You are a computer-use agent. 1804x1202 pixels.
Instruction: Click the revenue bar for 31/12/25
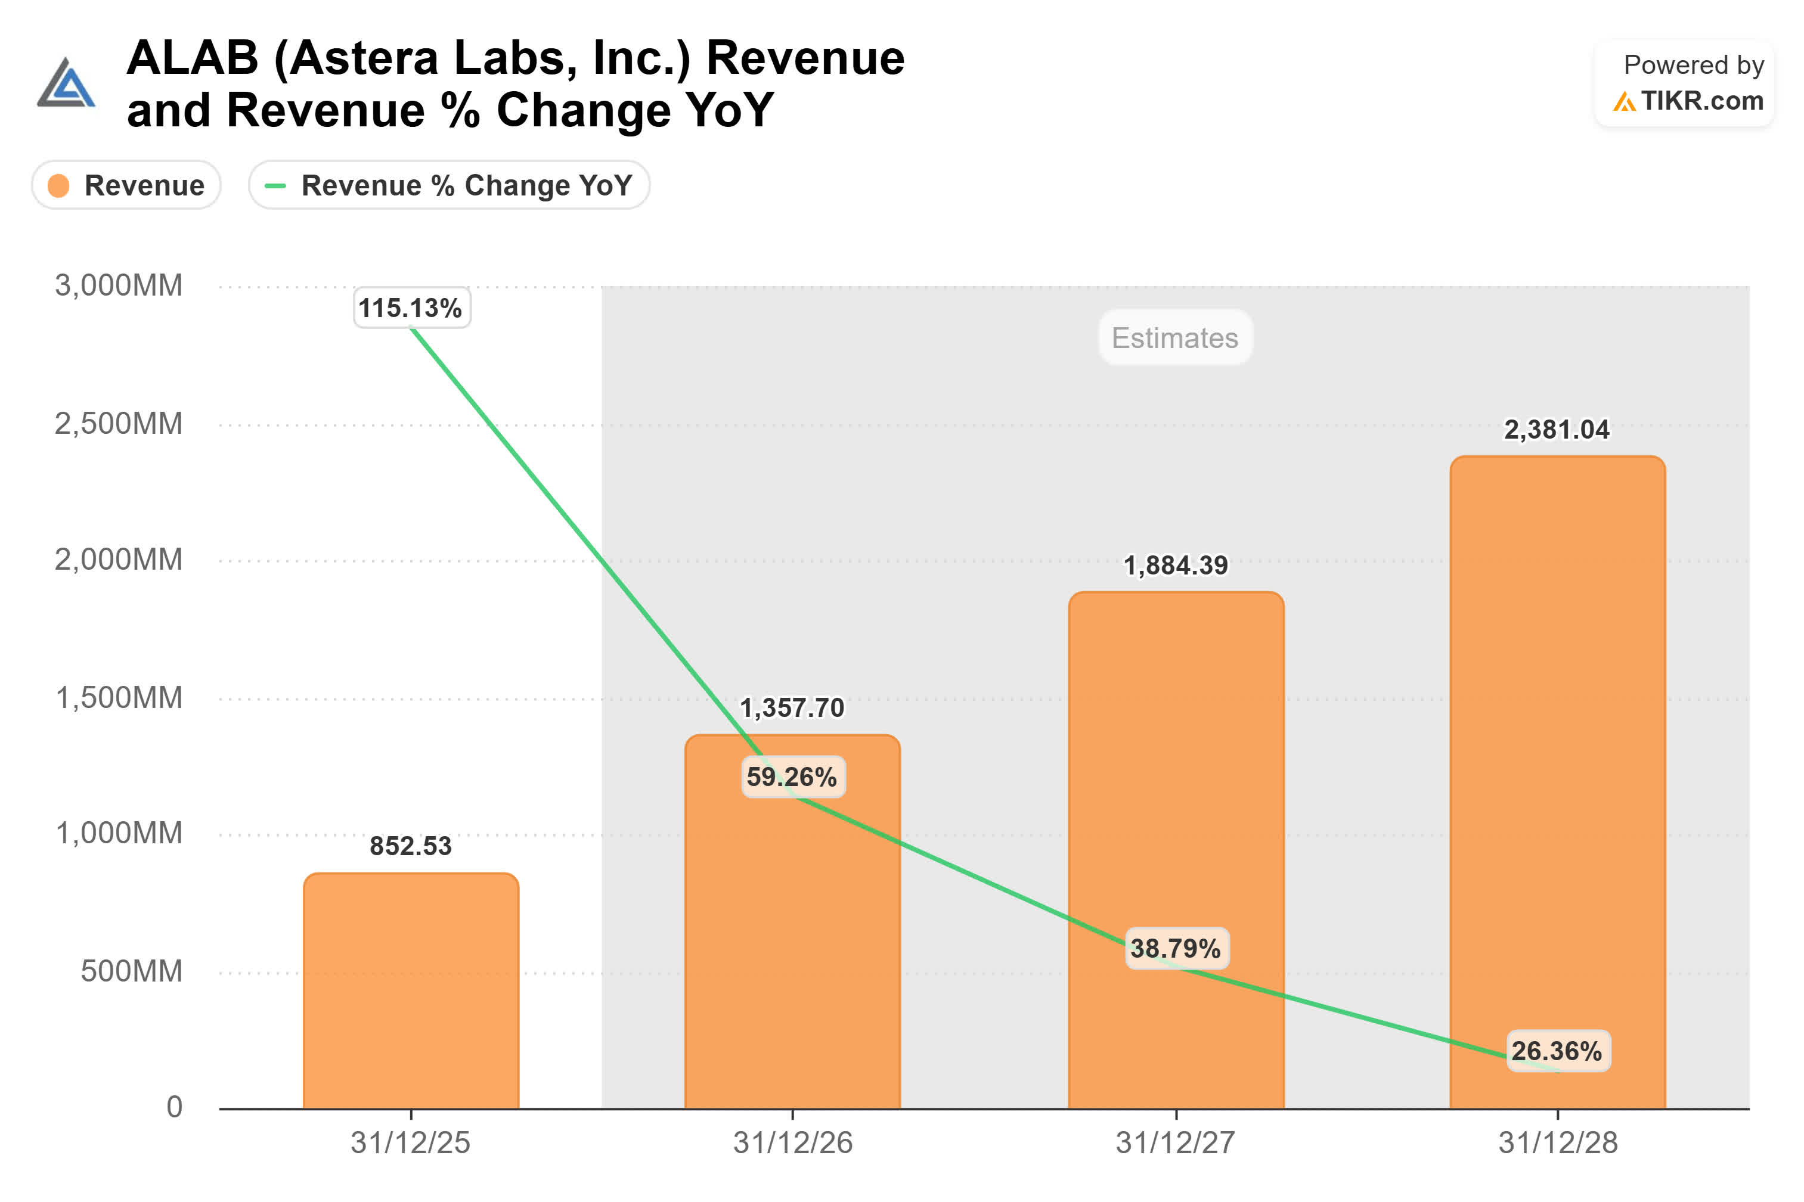click(x=411, y=990)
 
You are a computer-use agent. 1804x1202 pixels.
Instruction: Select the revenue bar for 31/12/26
click(x=792, y=921)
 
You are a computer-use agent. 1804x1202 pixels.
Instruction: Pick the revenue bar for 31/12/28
click(x=1557, y=782)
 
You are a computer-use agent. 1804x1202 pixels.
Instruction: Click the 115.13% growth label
click(x=411, y=308)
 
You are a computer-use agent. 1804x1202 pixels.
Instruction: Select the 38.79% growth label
click(x=1176, y=948)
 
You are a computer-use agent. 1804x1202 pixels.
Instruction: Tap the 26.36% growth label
click(x=1557, y=1050)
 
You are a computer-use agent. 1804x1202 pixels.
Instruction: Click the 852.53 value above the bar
click(x=410, y=846)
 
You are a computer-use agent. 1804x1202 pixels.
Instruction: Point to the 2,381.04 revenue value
click(x=1557, y=429)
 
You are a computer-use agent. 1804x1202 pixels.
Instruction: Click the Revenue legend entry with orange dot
click(x=126, y=185)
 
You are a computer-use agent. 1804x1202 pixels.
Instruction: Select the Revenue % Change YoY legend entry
click(x=450, y=185)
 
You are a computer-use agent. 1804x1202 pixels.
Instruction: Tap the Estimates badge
click(x=1174, y=337)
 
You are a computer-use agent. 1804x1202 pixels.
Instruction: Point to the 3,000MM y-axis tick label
click(x=119, y=285)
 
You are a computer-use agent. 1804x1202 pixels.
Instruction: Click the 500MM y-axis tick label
click(x=132, y=971)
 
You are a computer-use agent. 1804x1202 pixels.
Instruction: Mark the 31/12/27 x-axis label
click(x=1174, y=1142)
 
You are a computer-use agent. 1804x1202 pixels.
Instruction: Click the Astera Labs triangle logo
click(x=67, y=82)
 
